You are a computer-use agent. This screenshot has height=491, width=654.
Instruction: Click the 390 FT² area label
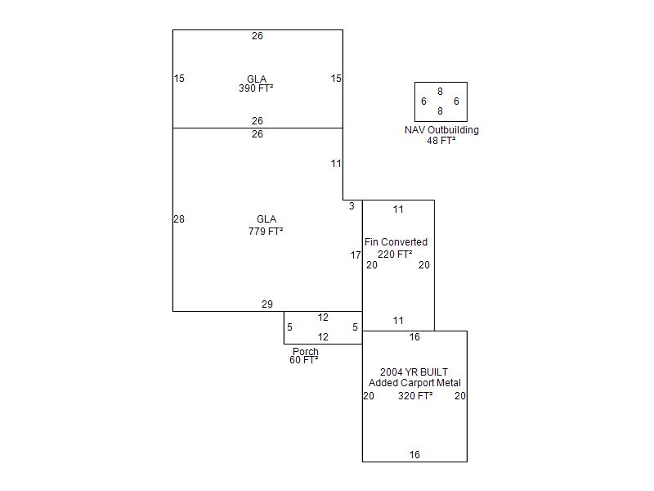click(256, 88)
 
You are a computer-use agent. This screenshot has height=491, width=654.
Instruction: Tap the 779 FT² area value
click(266, 232)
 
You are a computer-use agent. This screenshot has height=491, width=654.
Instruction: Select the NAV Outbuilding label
click(441, 130)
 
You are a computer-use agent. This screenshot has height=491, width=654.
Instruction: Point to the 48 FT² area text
click(441, 141)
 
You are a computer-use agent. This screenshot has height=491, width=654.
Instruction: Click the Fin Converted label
click(396, 242)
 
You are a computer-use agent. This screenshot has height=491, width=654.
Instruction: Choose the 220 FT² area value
click(395, 255)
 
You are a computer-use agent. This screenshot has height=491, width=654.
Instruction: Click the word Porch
click(306, 352)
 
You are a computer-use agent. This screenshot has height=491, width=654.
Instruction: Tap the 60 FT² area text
click(303, 360)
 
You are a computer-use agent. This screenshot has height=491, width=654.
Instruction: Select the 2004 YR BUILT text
click(414, 372)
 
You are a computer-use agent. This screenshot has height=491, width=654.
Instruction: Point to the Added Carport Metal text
click(414, 383)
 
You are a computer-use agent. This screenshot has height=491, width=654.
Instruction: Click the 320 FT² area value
click(415, 396)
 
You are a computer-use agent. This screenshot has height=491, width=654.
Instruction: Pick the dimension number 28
click(179, 219)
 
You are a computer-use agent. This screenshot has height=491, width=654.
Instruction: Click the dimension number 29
click(267, 304)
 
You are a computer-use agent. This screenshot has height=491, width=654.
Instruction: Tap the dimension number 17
click(356, 255)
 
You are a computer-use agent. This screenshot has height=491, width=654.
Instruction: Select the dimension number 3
click(352, 206)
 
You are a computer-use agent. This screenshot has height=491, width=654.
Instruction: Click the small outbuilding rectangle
click(441, 101)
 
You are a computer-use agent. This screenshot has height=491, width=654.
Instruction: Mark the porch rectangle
click(323, 327)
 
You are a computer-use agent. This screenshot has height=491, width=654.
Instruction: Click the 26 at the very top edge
click(258, 36)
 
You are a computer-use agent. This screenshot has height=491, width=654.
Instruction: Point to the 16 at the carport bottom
click(414, 455)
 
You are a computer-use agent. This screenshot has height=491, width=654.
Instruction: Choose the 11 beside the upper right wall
click(336, 164)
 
